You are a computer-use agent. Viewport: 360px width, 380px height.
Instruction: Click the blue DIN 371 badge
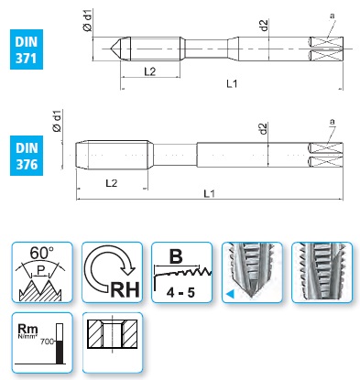(27, 49)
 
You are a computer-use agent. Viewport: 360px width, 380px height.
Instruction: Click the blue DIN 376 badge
(27, 156)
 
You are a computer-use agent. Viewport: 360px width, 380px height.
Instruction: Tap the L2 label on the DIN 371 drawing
(150, 71)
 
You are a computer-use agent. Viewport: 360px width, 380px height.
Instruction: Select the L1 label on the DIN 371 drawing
(232, 83)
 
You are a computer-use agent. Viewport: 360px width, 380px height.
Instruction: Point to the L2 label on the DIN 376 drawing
(112, 183)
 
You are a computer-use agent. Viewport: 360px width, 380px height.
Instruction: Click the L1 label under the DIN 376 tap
(210, 193)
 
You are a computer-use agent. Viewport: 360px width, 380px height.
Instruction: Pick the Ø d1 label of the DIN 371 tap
(87, 20)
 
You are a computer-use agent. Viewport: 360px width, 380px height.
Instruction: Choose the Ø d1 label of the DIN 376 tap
(57, 121)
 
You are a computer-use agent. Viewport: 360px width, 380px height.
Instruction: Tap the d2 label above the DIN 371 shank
(264, 25)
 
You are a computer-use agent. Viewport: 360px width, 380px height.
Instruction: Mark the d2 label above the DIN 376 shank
(263, 128)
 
